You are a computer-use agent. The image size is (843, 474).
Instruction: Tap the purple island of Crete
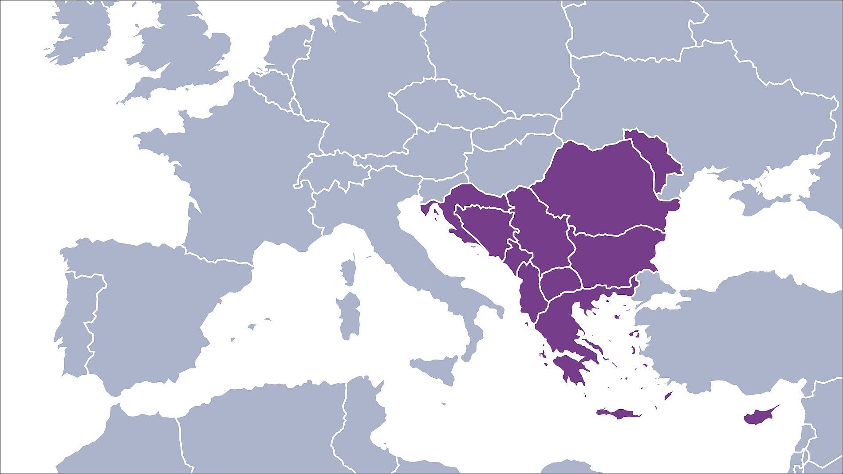click(619, 414)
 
